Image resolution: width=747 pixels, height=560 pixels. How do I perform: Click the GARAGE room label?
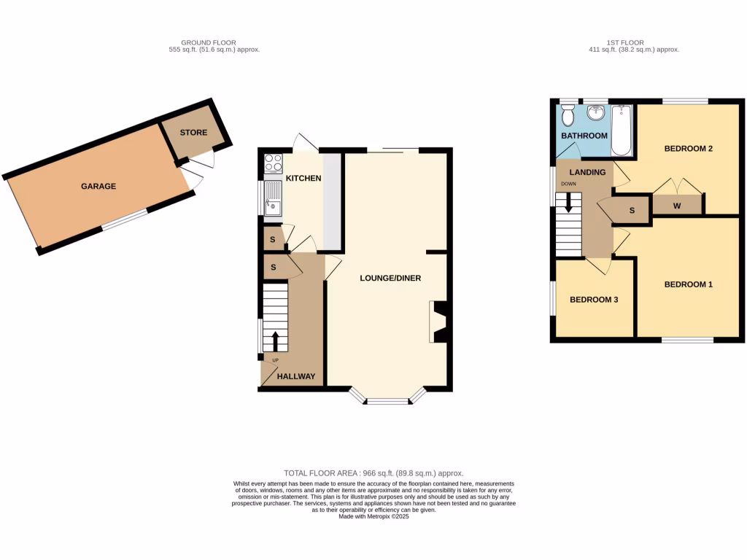98,187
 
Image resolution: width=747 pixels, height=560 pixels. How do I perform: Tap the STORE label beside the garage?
193,133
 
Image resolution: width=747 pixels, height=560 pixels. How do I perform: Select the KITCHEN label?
303,179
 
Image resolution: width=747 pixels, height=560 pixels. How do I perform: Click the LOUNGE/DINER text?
390,279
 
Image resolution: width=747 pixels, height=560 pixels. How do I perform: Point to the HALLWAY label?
297,376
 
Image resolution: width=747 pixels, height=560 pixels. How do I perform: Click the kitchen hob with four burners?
274,163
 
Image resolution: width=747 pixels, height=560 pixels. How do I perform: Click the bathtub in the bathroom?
622,130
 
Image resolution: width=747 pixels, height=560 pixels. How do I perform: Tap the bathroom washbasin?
596,113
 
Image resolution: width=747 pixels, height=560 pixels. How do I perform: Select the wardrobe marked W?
677,206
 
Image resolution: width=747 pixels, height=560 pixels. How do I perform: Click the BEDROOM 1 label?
688,284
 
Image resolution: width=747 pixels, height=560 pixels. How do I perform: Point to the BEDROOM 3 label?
594,300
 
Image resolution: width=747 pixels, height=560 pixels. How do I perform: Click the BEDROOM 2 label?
688,149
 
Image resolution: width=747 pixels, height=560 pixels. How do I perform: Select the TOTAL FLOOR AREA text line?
373,473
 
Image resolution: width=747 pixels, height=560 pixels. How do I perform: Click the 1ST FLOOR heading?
633,43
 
